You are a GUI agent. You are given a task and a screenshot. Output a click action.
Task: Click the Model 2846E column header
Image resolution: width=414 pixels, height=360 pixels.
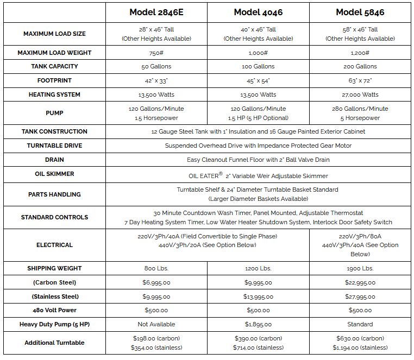click(x=156, y=12)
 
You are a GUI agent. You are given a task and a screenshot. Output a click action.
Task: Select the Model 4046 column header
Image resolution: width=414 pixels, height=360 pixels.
click(x=258, y=12)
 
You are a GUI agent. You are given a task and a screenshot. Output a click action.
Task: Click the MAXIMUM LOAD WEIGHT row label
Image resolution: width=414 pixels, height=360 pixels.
click(x=54, y=53)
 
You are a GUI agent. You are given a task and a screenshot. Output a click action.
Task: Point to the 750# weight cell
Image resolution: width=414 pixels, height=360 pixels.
click(x=156, y=53)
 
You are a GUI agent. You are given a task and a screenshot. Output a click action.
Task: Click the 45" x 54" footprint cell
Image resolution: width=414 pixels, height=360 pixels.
click(x=258, y=80)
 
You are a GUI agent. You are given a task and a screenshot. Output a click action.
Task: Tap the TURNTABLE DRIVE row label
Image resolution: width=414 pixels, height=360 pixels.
click(x=54, y=146)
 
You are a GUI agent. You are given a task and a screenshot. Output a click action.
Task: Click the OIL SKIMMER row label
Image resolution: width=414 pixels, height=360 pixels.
click(x=54, y=174)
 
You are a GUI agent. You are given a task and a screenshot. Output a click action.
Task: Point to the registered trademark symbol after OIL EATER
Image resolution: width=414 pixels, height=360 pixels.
click(x=220, y=174)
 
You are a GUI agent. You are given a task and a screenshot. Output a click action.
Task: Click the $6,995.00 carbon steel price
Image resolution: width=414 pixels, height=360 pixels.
click(x=156, y=282)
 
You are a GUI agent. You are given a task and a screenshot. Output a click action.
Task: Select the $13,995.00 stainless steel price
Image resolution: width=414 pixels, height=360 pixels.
click(x=258, y=296)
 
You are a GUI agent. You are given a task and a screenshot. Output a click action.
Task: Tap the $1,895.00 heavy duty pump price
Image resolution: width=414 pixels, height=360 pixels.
click(x=258, y=324)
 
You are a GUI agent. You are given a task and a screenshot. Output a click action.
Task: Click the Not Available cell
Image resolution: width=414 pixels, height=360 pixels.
click(x=156, y=324)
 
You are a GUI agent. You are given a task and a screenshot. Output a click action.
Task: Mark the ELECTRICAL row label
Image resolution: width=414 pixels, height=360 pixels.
click(x=54, y=245)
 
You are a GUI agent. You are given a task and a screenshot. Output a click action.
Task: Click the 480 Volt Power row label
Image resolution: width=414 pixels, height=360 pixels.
click(x=54, y=310)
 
